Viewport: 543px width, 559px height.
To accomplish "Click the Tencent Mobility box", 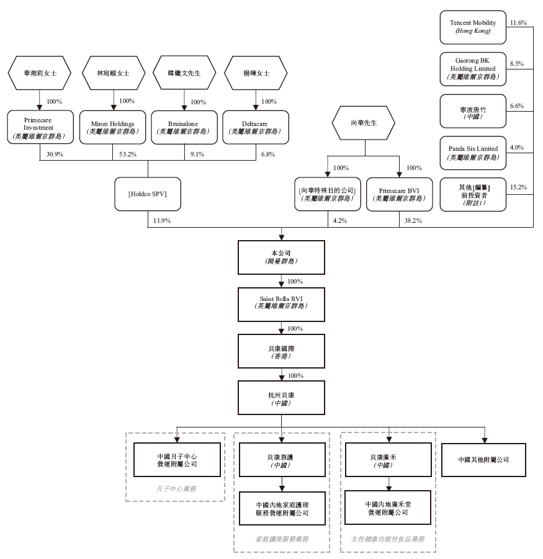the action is (473, 27).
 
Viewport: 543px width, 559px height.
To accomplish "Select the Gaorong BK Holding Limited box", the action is (473, 69).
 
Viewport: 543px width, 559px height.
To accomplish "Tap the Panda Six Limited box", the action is (473, 153).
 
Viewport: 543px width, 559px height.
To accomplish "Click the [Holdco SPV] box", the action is (148, 194).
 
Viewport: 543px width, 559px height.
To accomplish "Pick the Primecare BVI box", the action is (399, 194).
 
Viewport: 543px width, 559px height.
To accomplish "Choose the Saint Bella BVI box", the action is (281, 305).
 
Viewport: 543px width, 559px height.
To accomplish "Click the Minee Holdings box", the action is (113, 127).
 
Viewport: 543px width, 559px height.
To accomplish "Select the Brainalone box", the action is (184, 127).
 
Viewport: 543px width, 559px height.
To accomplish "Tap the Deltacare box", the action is (256, 127).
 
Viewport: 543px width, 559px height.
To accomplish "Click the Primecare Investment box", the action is (40, 127).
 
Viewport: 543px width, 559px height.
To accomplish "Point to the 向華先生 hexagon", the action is (363, 123).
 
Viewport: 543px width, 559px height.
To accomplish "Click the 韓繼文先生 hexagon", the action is (184, 73).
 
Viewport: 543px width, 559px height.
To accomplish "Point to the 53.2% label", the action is (128, 154).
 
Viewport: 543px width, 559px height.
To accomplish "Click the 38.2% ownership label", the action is (413, 221).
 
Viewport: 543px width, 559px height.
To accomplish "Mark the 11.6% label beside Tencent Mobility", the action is (518, 23).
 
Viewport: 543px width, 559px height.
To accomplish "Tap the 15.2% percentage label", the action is (518, 187).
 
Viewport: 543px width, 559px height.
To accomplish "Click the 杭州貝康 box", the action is (281, 398).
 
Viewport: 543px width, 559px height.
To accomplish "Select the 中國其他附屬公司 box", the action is (484, 460).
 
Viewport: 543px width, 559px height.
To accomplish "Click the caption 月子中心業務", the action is (176, 489).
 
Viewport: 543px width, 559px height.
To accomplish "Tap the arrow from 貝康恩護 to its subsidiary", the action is (282, 484).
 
